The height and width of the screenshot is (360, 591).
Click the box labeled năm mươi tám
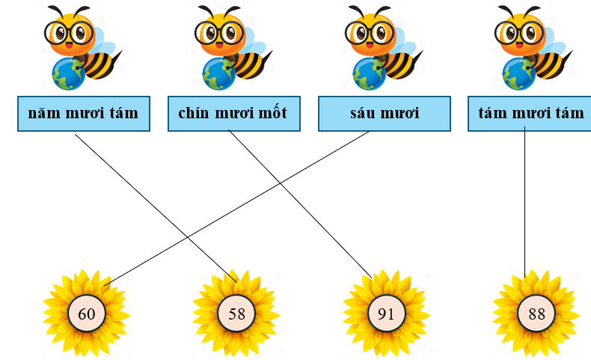(83, 114)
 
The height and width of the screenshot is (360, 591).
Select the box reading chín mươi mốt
(233, 114)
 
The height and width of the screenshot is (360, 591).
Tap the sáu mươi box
(385, 114)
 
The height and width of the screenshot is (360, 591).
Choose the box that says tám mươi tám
(530, 114)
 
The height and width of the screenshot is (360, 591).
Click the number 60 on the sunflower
(86, 314)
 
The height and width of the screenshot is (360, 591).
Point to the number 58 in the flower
(236, 314)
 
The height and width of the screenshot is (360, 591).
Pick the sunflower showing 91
(385, 314)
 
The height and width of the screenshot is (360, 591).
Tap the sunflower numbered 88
(536, 314)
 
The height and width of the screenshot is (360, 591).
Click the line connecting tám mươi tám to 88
(524, 202)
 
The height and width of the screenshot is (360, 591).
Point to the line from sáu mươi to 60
(239, 206)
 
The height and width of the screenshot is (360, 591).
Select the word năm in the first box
(43, 114)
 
